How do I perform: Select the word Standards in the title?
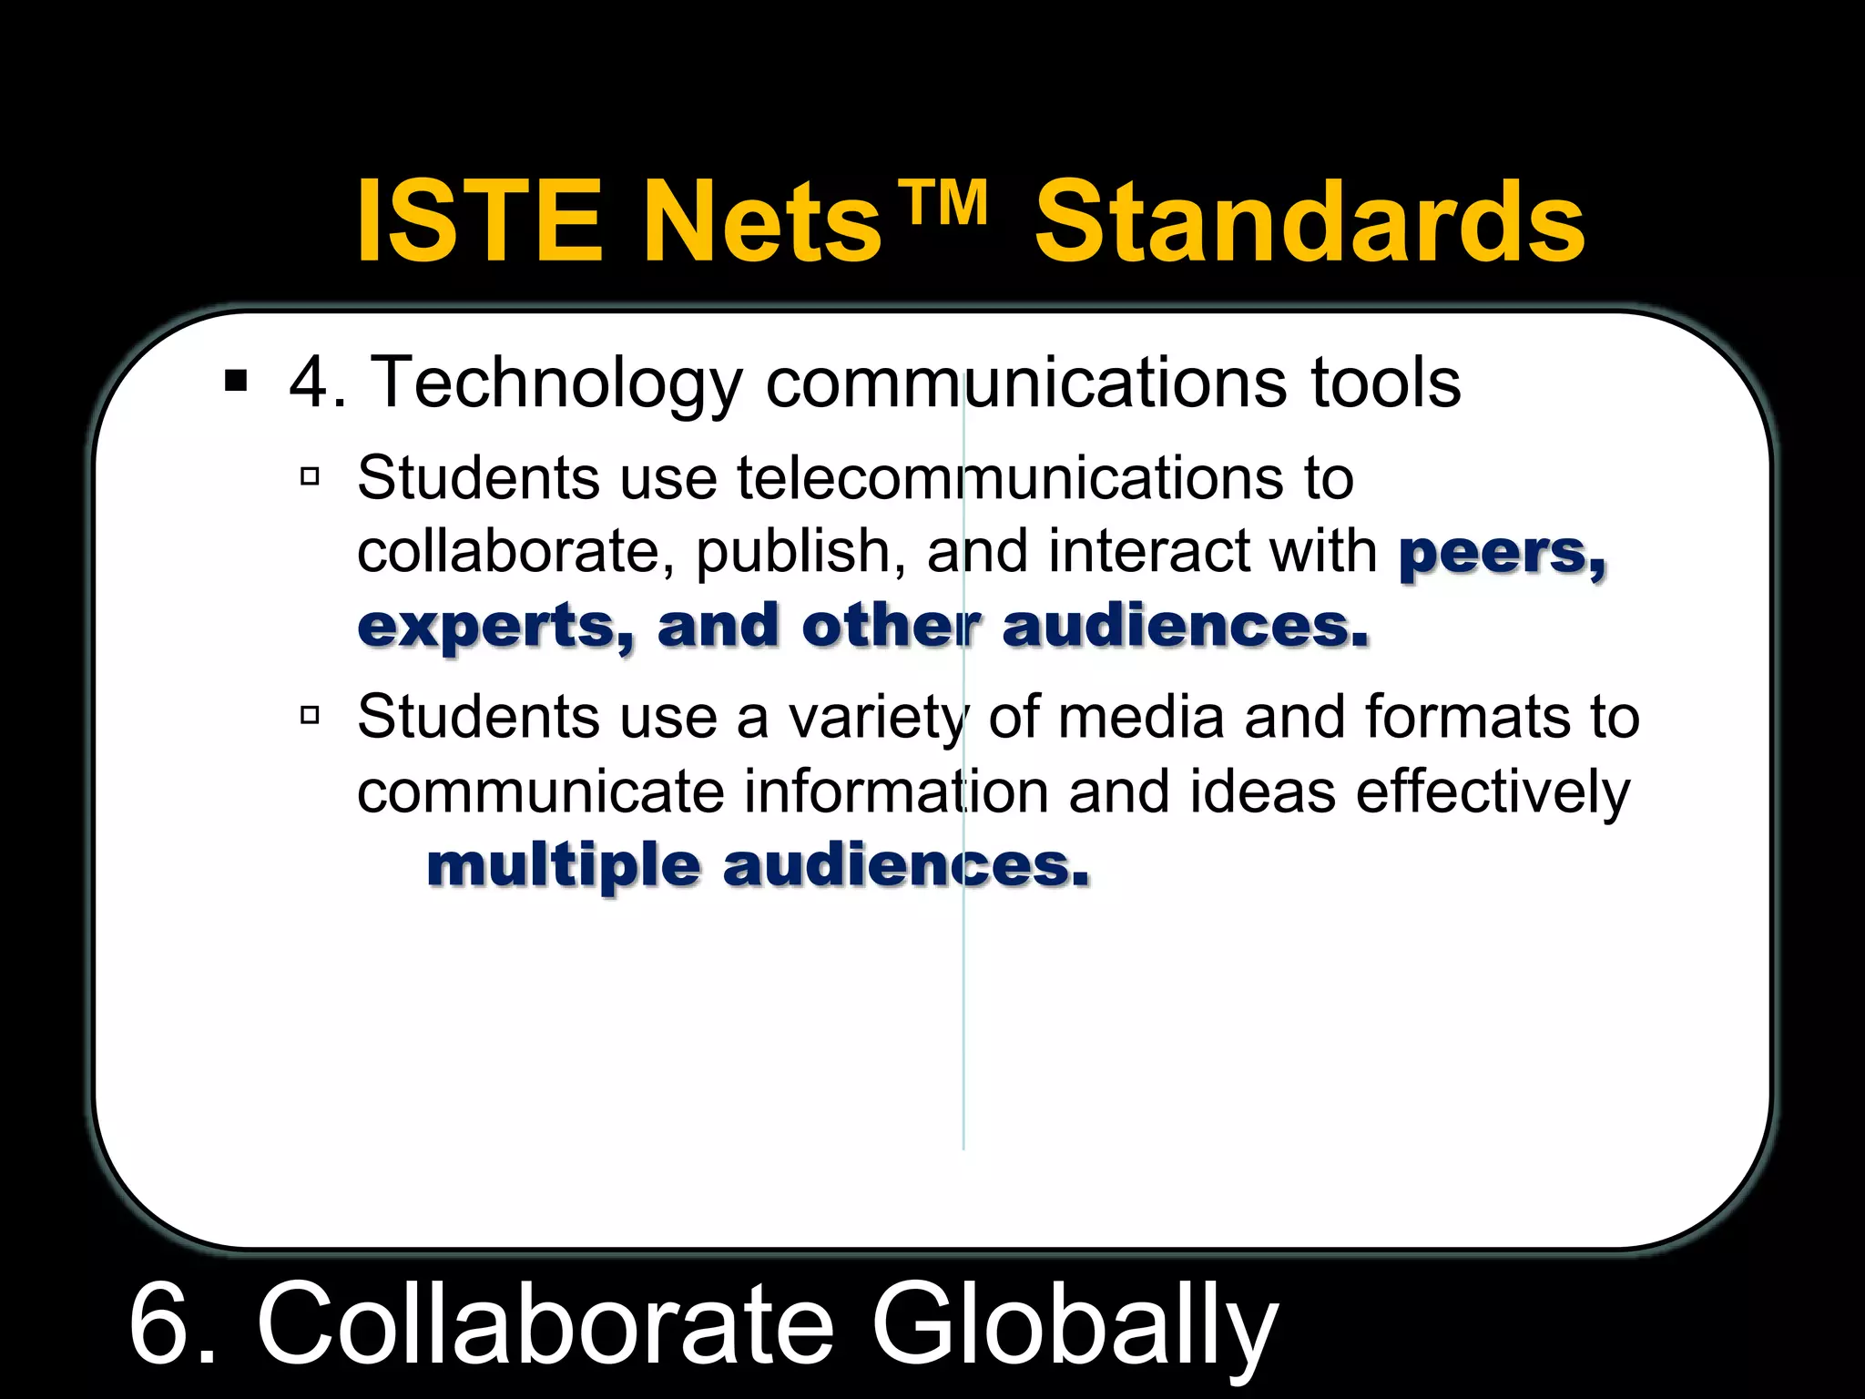click(x=1310, y=221)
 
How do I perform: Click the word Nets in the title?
click(x=762, y=221)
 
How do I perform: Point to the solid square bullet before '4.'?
click(x=236, y=381)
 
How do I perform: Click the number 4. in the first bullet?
click(x=318, y=383)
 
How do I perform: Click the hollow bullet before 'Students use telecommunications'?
click(x=310, y=475)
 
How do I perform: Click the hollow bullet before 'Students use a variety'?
click(x=310, y=715)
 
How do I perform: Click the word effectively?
click(x=1493, y=792)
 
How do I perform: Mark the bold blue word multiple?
click(x=564, y=867)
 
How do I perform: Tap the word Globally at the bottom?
click(x=1075, y=1325)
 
